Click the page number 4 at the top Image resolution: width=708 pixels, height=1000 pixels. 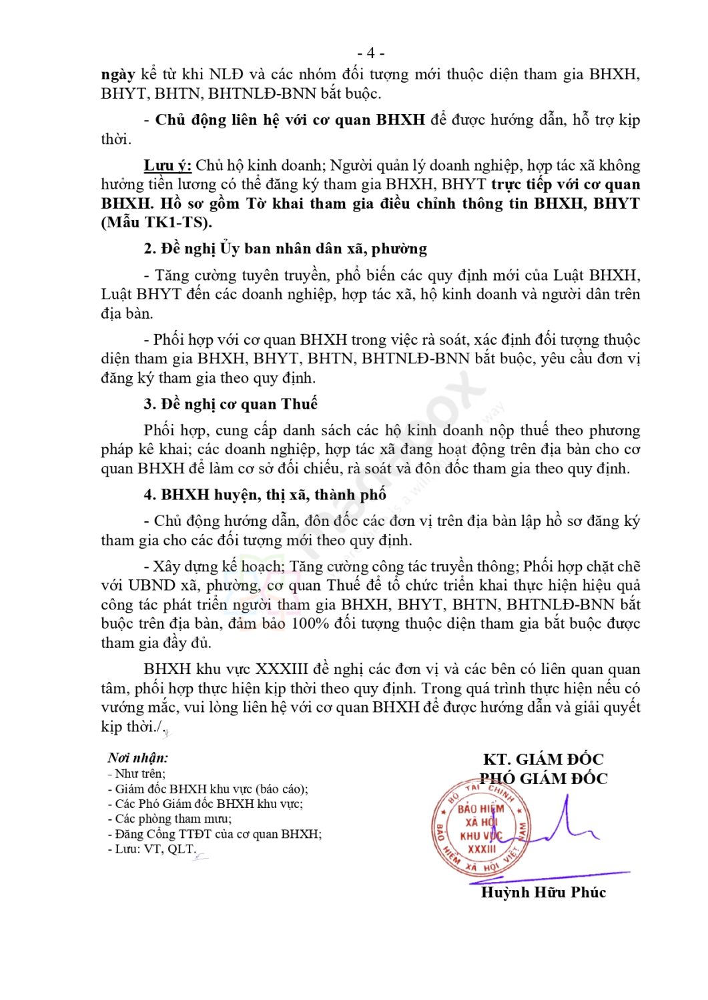[370, 53]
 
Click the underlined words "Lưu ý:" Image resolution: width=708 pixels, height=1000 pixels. [167, 165]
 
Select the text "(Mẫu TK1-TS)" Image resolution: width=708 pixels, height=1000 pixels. [156, 223]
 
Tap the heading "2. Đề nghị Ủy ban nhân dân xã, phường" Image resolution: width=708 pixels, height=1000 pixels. [285, 249]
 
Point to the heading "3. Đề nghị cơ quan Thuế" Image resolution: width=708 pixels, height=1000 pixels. [230, 404]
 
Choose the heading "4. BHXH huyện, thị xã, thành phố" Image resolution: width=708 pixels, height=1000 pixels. [265, 495]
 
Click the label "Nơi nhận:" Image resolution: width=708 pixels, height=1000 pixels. [138, 757]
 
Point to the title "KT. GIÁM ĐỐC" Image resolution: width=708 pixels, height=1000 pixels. [543, 759]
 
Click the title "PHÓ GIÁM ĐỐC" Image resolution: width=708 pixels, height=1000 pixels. [543, 778]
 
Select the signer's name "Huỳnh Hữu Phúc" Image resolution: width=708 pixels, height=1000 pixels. [543, 892]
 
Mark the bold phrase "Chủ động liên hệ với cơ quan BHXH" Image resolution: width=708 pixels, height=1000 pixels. [290, 120]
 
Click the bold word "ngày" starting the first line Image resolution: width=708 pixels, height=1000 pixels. [118, 74]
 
